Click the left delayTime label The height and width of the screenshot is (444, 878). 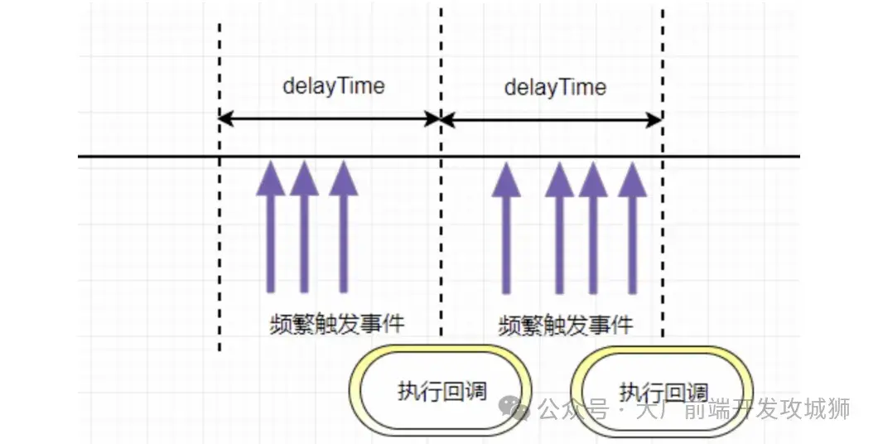click(x=334, y=86)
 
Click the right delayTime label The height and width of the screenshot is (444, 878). click(x=555, y=87)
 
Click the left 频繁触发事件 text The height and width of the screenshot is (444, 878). click(x=337, y=322)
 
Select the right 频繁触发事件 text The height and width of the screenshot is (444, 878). click(x=566, y=325)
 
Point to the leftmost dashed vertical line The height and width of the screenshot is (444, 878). click(x=219, y=249)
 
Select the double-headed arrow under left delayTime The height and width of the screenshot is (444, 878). click(x=329, y=119)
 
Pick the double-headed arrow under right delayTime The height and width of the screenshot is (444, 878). click(x=552, y=119)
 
